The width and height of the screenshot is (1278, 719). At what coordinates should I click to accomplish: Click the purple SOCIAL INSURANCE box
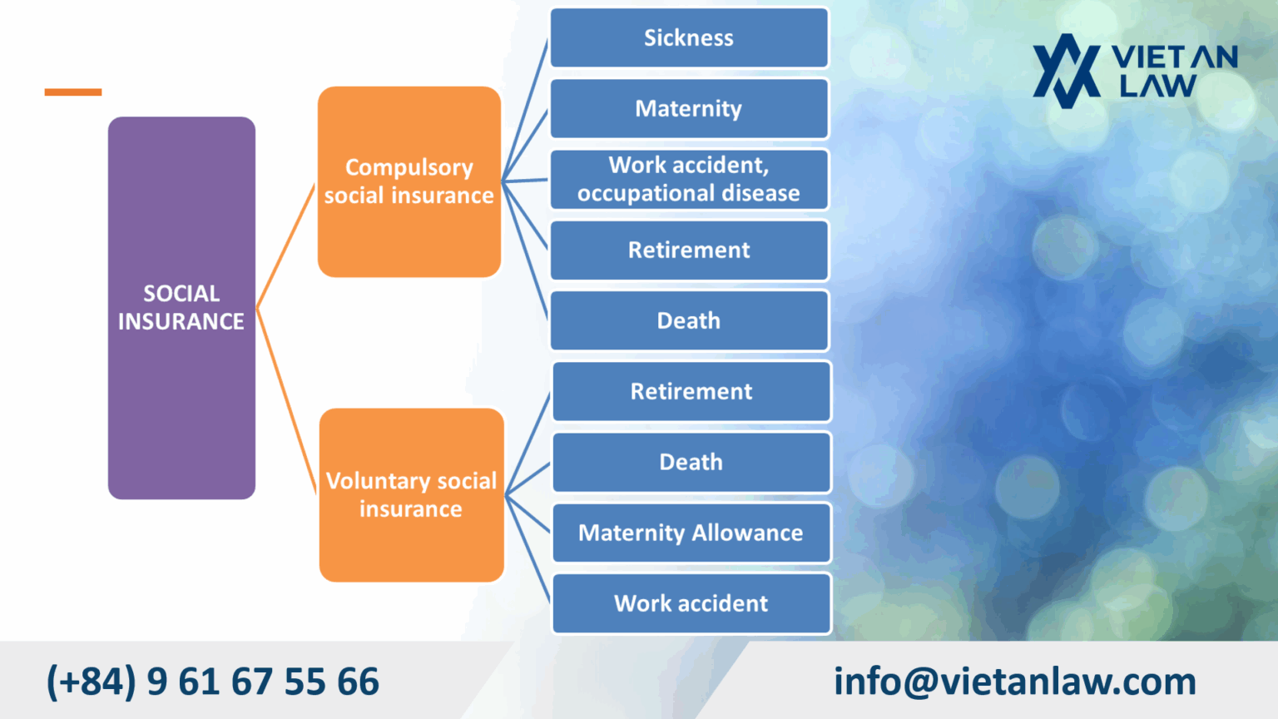coord(181,308)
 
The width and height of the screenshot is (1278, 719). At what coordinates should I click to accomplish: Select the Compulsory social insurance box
coord(409,181)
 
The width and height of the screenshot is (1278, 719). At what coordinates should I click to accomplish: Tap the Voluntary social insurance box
coord(411,495)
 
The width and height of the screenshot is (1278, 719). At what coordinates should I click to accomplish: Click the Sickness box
coord(689,37)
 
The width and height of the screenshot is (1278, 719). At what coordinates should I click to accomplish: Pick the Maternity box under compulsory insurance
coord(689,108)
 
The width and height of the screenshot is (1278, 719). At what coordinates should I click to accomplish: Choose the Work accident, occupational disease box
coord(689,179)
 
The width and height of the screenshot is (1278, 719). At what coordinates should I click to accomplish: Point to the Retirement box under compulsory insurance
coord(689,250)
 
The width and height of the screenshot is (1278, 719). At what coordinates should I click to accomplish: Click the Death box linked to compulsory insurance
coord(689,320)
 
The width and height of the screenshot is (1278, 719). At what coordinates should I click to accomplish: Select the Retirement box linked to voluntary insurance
coord(691,391)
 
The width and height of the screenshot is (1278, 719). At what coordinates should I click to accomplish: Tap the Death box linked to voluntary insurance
coord(691,462)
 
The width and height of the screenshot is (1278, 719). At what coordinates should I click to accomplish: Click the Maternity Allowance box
coord(691,533)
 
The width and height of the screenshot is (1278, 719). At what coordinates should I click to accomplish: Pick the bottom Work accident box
coord(691,603)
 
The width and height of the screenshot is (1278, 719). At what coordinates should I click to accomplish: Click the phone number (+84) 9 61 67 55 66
coord(213,682)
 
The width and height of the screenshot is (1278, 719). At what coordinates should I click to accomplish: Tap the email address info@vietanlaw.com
coord(1015,682)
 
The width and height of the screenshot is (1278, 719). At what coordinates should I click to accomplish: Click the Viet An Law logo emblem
coord(1066,71)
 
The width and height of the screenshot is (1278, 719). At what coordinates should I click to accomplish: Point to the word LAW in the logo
coord(1157,86)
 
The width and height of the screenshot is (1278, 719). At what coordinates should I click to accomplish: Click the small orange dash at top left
coord(73,92)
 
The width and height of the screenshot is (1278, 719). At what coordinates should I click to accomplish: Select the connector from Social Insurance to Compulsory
coord(287,246)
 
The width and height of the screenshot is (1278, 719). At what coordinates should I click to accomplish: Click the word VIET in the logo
coord(1148,57)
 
